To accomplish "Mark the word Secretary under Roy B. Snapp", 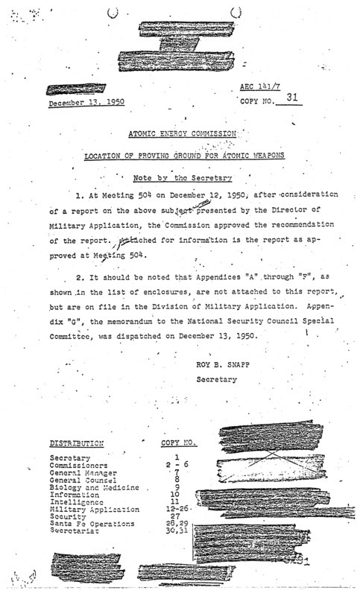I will click(x=215, y=379).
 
